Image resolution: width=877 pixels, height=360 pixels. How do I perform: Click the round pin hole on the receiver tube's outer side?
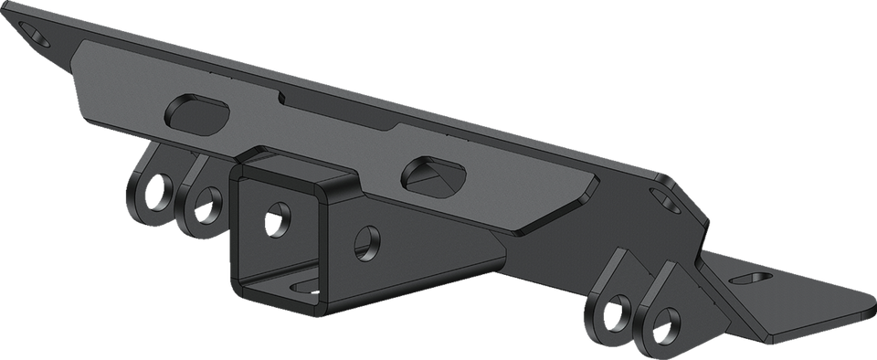(x=369, y=240)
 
